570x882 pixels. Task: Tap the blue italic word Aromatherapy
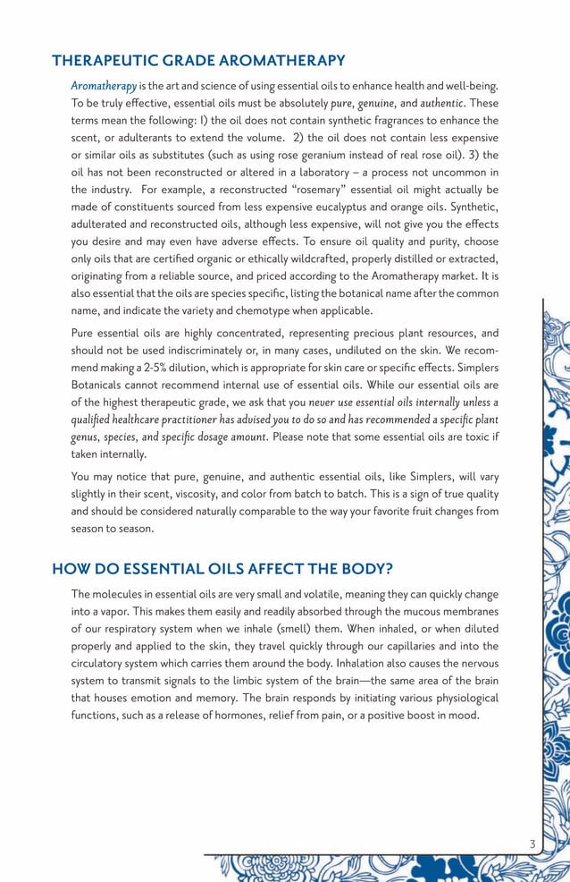coord(104,86)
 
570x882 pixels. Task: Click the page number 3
coord(532,844)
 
